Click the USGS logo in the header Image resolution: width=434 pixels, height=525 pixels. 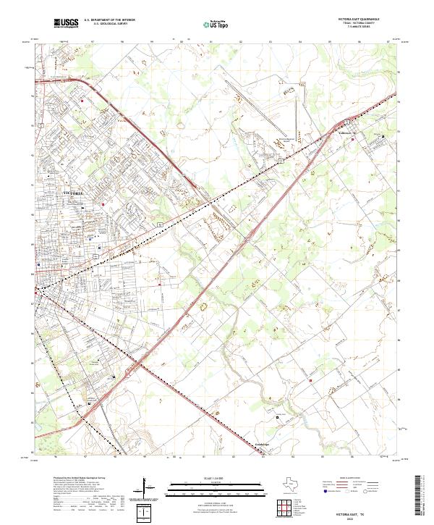[67, 24]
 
